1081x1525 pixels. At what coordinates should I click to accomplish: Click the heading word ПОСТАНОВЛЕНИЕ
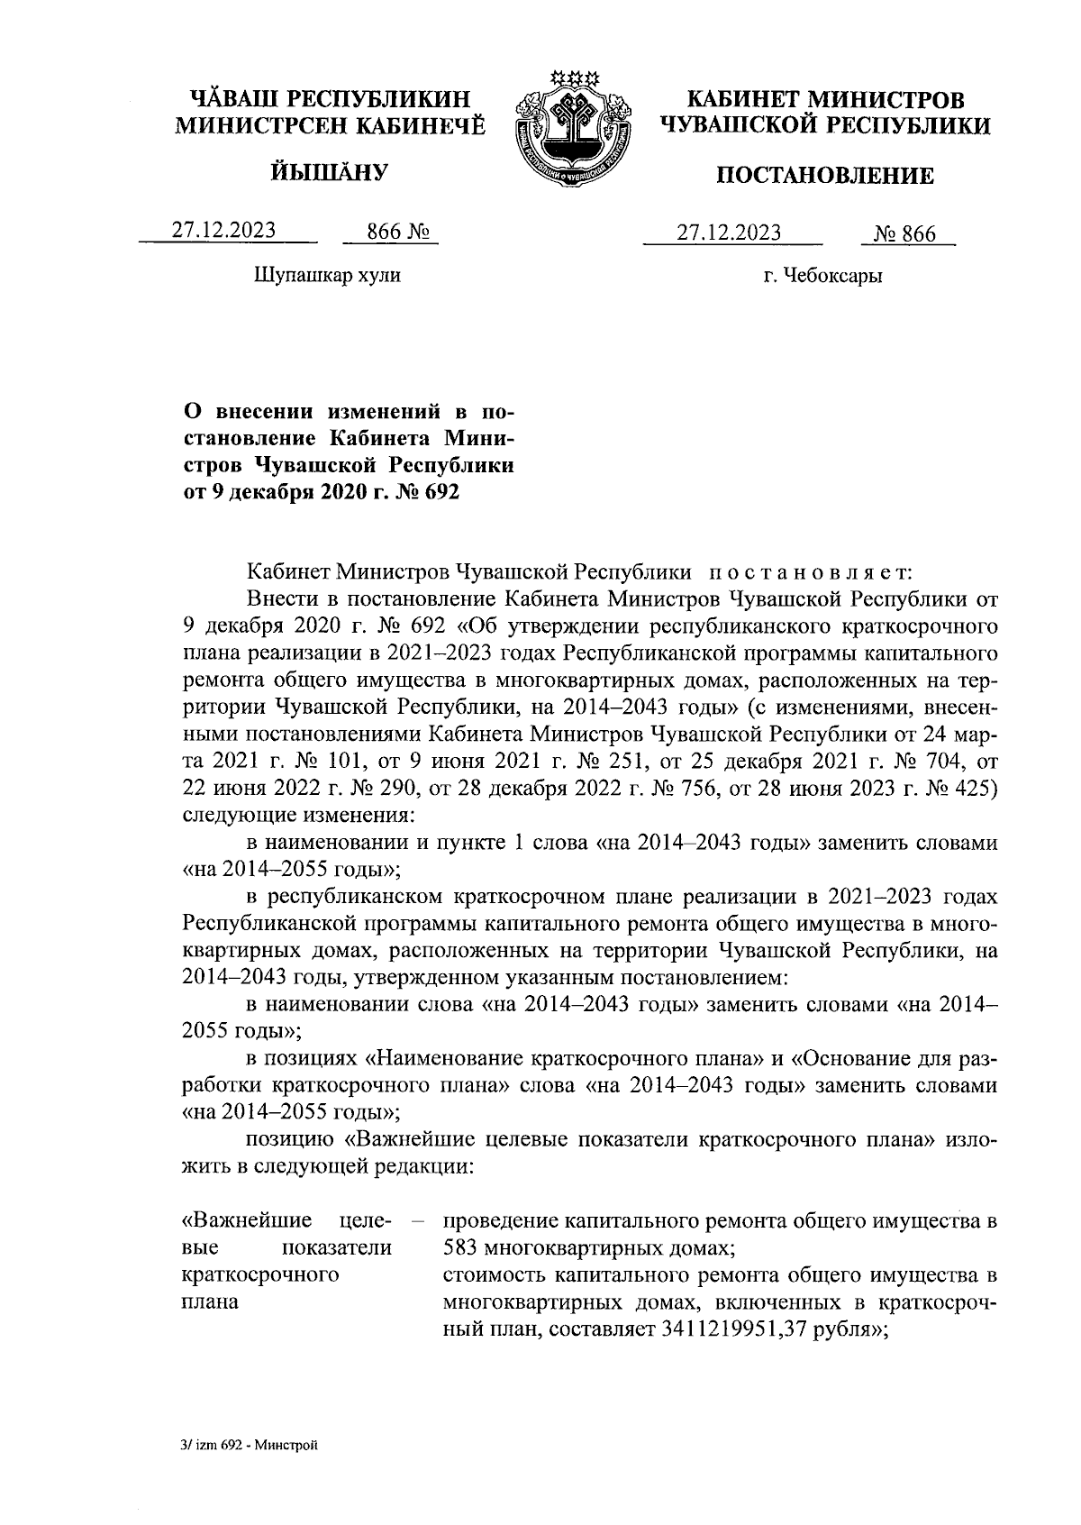pyautogui.click(x=824, y=176)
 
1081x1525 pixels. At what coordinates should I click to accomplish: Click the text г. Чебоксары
pyautogui.click(x=822, y=276)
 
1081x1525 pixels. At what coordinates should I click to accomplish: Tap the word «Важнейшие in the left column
pyautogui.click(x=247, y=1221)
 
